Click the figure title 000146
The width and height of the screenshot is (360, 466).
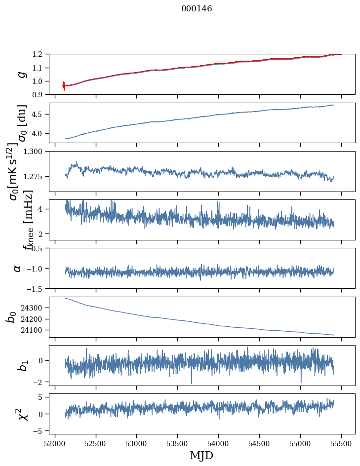(197, 9)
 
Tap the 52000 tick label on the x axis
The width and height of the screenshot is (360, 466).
(55, 443)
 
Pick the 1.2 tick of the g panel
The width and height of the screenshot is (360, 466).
(40, 54)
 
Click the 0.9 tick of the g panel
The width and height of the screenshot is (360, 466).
(40, 94)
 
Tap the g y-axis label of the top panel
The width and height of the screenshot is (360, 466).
(21, 74)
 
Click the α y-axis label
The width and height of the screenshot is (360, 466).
(18, 268)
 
